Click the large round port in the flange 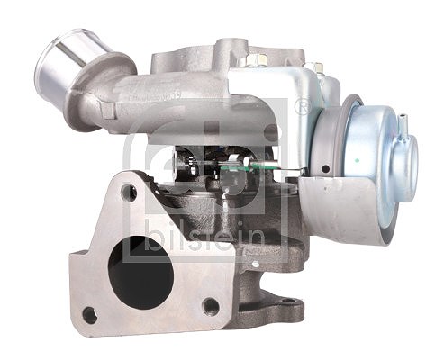140,272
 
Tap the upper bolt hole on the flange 129,193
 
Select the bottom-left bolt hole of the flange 90,315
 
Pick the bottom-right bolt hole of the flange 211,306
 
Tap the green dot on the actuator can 357,160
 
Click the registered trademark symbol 301,106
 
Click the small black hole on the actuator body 325,169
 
